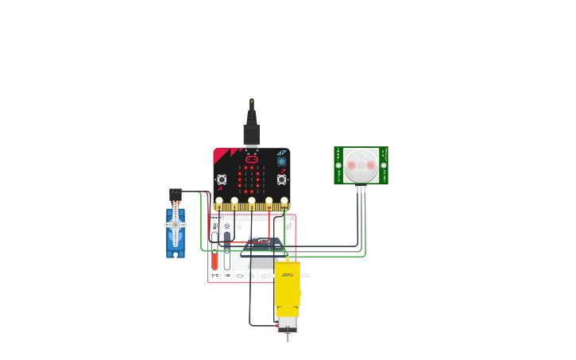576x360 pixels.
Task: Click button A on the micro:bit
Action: (x=222, y=180)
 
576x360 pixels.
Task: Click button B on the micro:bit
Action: (x=282, y=180)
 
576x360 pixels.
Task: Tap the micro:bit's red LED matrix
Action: (x=252, y=179)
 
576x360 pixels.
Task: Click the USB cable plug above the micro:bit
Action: (x=252, y=132)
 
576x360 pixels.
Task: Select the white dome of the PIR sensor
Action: (x=361, y=165)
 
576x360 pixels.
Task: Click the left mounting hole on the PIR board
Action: (x=338, y=165)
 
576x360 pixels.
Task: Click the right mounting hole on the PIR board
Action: (x=384, y=165)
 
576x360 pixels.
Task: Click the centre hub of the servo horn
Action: (x=176, y=225)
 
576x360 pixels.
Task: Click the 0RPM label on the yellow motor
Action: (x=288, y=275)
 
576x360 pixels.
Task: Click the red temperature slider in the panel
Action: (x=215, y=260)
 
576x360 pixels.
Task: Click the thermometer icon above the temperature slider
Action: (x=215, y=226)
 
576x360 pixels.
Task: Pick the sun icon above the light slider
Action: (x=227, y=226)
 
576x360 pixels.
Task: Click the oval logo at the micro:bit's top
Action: (x=252, y=159)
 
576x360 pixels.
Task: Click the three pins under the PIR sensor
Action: (x=361, y=188)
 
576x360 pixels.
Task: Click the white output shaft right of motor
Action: (x=305, y=276)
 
